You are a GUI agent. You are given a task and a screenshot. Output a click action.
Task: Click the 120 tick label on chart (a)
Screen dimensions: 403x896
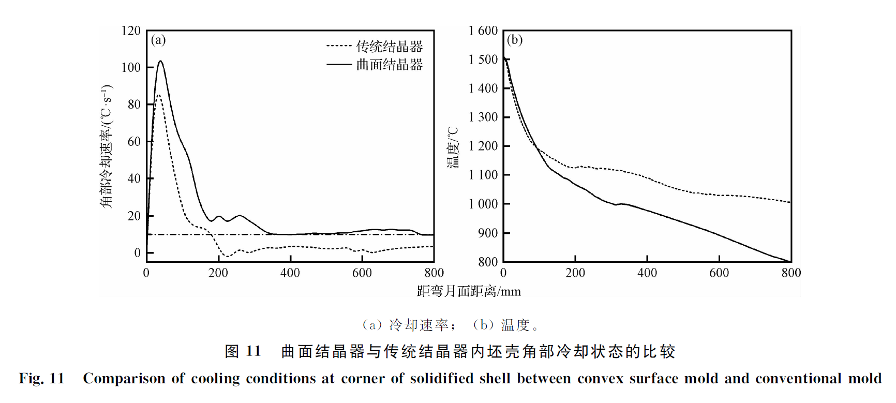(x=131, y=31)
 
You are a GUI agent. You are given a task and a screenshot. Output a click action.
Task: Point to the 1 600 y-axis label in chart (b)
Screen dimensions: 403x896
(x=483, y=31)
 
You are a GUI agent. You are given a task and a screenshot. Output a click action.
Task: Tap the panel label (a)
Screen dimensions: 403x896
(x=158, y=40)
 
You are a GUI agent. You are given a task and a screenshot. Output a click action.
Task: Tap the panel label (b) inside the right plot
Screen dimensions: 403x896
(x=514, y=40)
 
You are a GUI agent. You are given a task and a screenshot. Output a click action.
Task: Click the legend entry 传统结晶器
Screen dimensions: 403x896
(x=389, y=47)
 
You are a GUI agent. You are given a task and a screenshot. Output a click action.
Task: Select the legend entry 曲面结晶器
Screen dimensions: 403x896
(x=389, y=65)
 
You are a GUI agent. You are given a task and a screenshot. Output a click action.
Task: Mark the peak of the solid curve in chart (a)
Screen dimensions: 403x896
(x=160, y=61)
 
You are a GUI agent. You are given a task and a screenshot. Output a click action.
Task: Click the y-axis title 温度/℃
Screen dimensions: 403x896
(x=453, y=147)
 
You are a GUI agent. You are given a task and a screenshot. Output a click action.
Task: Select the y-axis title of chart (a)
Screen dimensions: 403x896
(x=106, y=146)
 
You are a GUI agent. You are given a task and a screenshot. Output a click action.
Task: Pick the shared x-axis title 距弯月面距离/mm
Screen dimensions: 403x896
(x=469, y=291)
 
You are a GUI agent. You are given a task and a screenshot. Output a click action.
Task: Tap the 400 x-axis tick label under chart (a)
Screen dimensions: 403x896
(x=290, y=273)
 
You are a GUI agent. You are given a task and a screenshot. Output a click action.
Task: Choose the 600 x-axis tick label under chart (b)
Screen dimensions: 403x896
(x=719, y=273)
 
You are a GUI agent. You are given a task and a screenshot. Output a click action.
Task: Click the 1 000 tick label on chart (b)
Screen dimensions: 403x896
(x=483, y=204)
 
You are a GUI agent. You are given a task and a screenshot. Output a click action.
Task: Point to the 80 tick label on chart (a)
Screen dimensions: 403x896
(x=134, y=105)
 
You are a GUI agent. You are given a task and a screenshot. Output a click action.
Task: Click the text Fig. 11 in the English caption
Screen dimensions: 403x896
(x=41, y=378)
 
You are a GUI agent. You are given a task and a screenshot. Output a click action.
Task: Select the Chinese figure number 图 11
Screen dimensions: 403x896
(x=243, y=351)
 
